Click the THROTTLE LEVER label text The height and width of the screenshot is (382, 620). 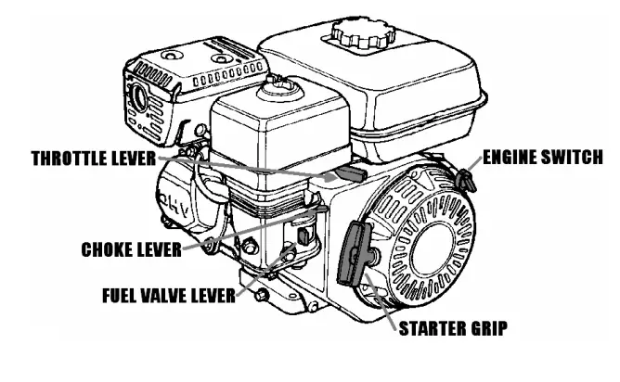coord(94,158)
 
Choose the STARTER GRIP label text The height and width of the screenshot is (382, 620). coord(453,328)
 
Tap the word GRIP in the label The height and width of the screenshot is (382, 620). coord(488,328)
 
